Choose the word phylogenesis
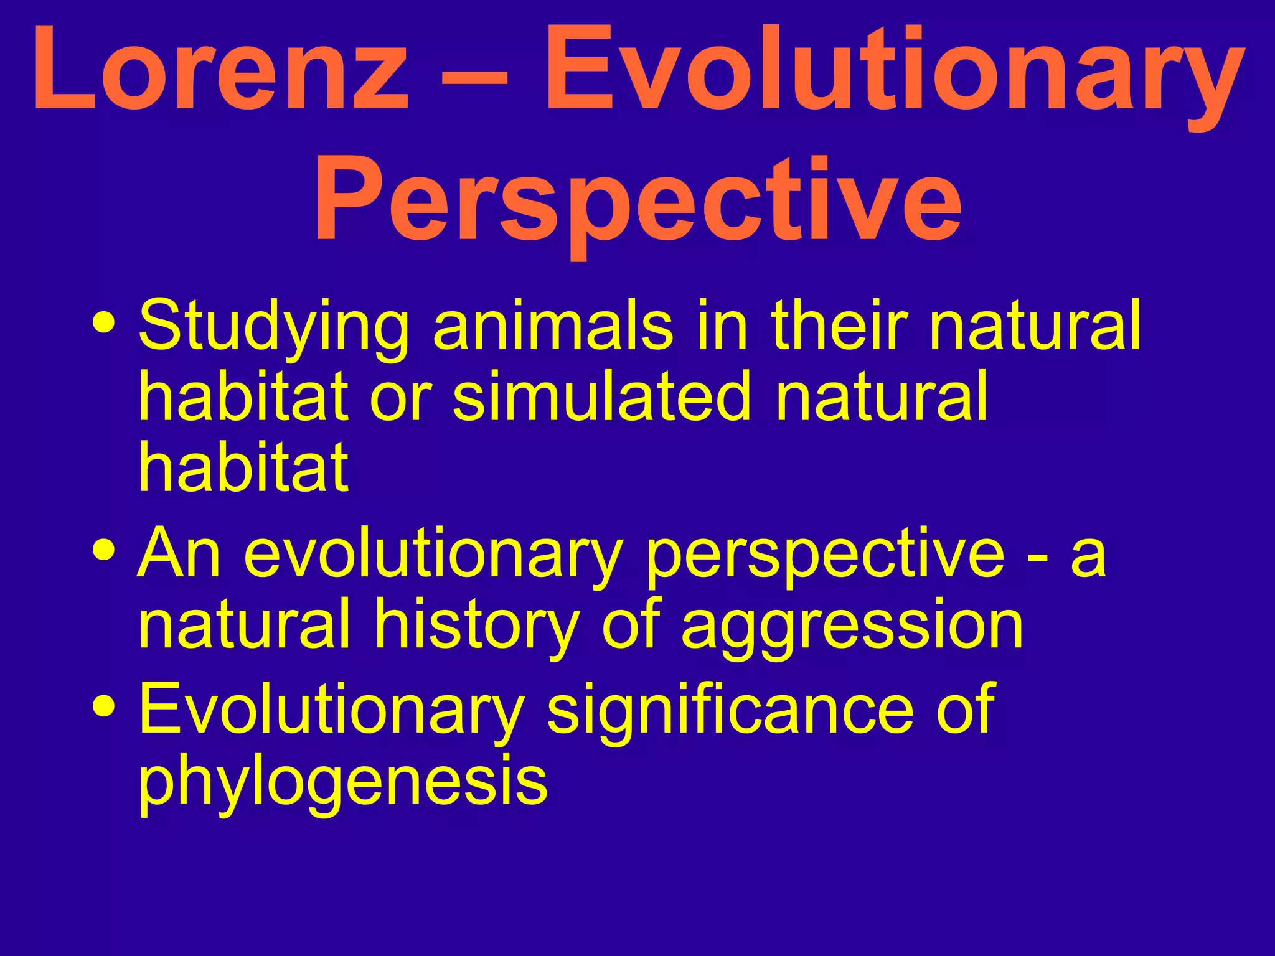pos(342,781)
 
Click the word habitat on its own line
pos(243,466)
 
